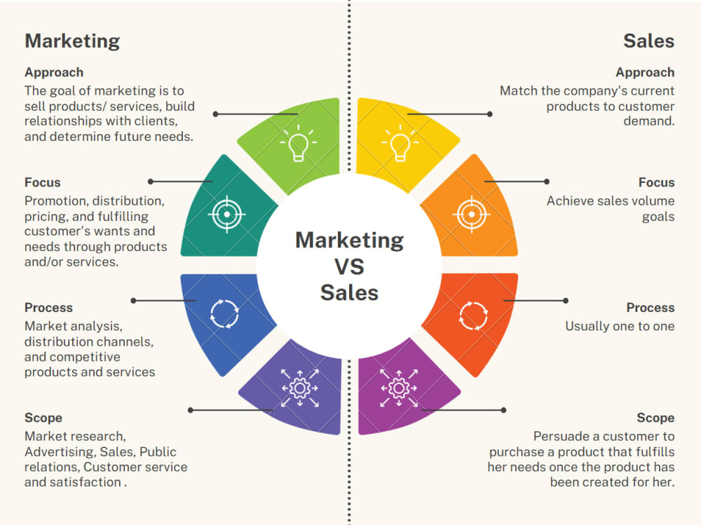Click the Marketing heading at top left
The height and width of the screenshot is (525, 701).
[72, 41]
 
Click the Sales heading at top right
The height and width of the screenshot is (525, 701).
[648, 41]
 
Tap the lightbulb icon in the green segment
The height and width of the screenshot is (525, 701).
[299, 143]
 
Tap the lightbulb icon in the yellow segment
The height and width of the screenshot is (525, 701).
[400, 143]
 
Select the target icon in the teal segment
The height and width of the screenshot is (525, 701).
[226, 214]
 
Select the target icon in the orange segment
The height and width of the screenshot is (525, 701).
[472, 214]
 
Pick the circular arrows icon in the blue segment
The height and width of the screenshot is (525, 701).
[225, 315]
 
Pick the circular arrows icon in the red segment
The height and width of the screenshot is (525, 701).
[473, 315]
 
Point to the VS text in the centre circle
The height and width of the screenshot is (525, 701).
[349, 266]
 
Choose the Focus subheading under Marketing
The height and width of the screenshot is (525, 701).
[42, 183]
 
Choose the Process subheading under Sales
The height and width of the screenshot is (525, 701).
[651, 308]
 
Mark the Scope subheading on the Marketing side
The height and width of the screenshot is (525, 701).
[43, 418]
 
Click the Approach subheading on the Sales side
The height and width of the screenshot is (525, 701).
[645, 72]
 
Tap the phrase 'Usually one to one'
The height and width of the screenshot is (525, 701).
[620, 326]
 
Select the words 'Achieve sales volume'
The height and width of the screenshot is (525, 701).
[610, 201]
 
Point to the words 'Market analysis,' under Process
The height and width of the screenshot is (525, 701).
[73, 326]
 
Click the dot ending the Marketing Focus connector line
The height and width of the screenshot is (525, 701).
[150, 182]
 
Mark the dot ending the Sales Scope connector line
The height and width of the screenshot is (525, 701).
[503, 410]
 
